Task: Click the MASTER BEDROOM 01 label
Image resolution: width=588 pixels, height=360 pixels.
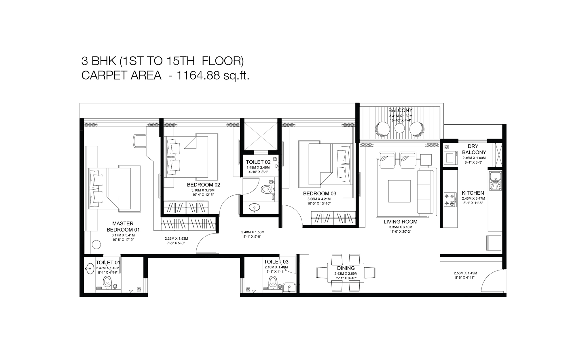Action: [123, 226]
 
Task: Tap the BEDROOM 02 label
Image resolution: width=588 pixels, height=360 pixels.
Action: [204, 185]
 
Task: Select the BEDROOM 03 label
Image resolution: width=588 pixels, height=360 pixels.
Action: [320, 194]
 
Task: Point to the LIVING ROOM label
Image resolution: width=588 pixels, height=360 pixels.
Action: [401, 222]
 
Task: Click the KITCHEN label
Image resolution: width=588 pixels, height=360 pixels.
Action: [473, 193]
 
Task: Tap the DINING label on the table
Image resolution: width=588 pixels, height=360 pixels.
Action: [346, 268]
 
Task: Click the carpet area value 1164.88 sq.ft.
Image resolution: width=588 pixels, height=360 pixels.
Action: [213, 75]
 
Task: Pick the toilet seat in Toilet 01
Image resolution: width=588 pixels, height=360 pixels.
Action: [107, 282]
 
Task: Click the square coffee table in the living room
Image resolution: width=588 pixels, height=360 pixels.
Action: [399, 192]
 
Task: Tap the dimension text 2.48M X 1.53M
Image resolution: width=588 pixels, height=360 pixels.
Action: [253, 232]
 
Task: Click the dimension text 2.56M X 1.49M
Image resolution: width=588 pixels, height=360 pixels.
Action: [465, 273]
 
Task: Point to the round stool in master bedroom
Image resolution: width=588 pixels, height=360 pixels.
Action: [96, 245]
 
